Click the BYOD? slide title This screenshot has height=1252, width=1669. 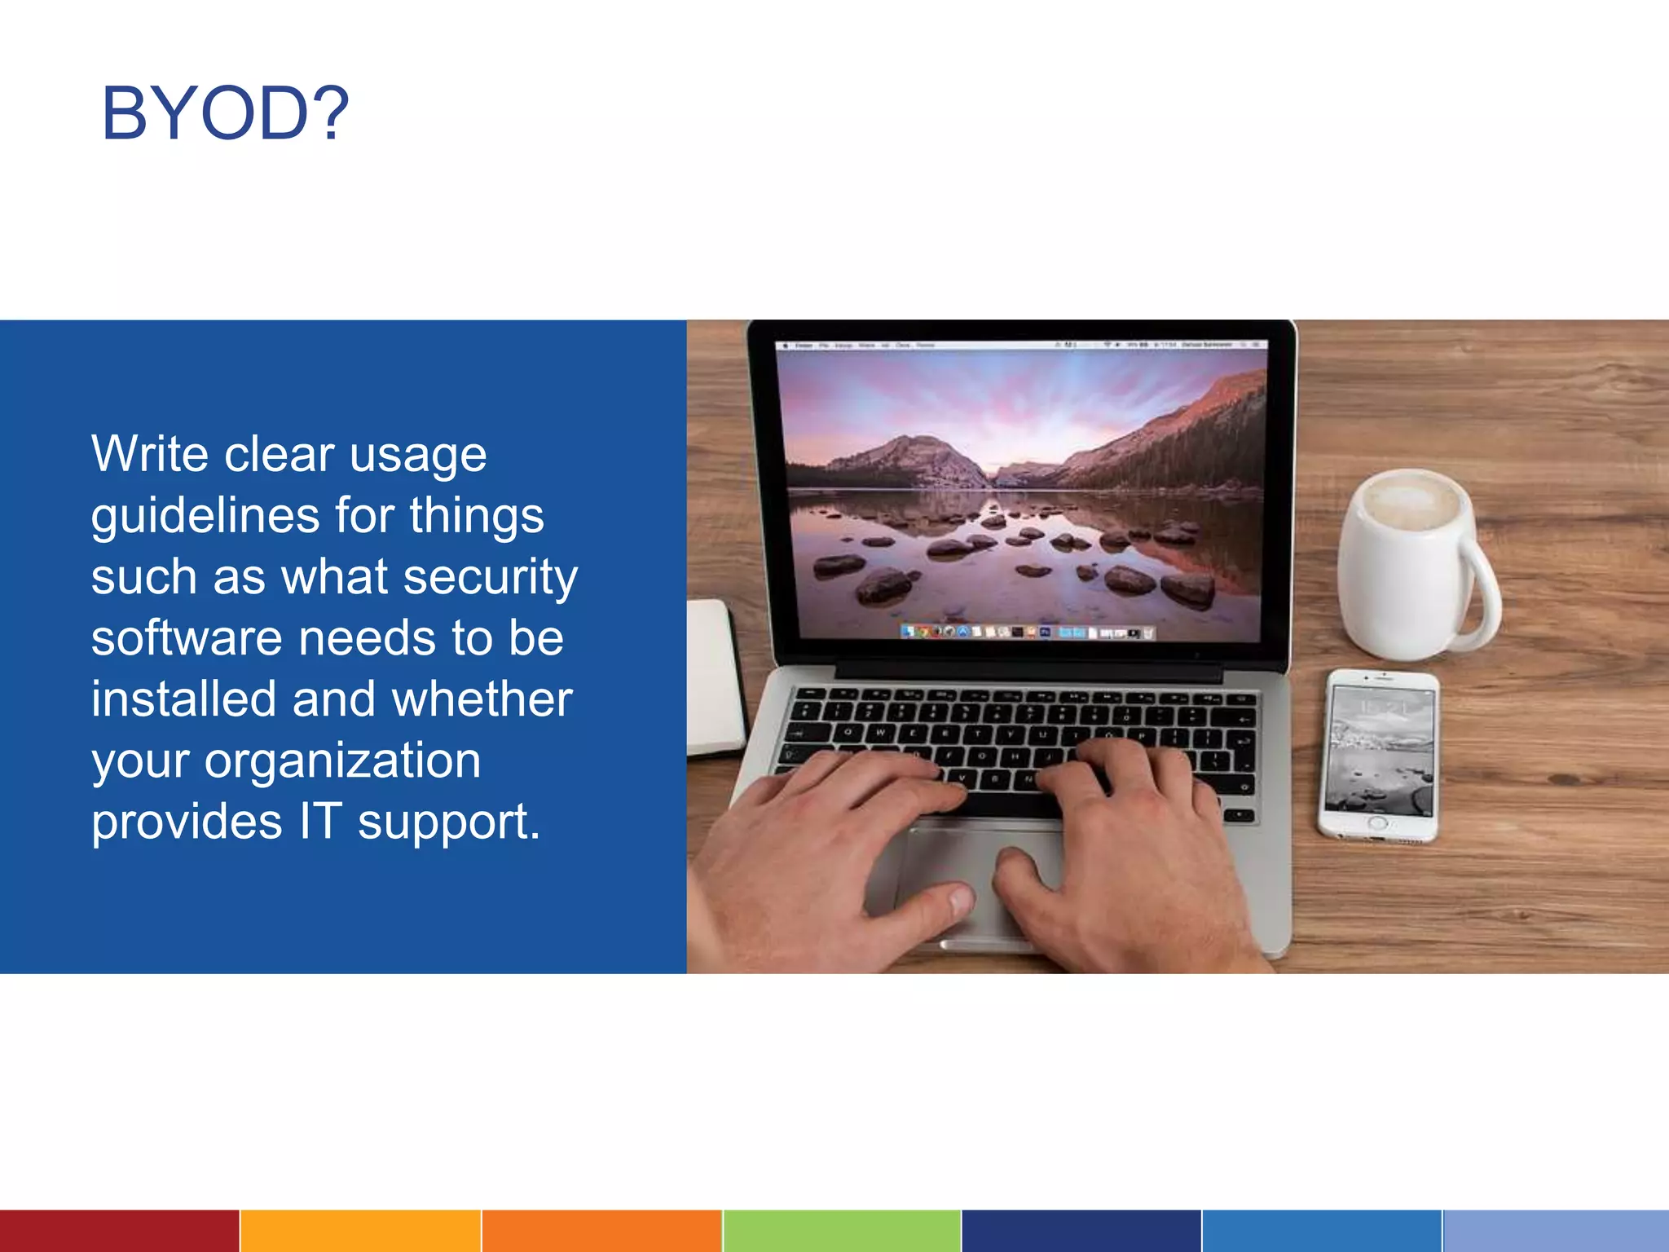pyautogui.click(x=225, y=113)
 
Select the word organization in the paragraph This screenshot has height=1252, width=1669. pyautogui.click(x=342, y=761)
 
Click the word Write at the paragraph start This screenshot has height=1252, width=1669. pyautogui.click(x=151, y=454)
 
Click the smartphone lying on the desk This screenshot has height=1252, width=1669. pyautogui.click(x=1379, y=754)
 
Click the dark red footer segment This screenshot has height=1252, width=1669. pyautogui.click(x=119, y=1231)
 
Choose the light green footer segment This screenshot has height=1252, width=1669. pyautogui.click(x=841, y=1231)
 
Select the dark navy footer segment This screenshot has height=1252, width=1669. pyautogui.click(x=1081, y=1231)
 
